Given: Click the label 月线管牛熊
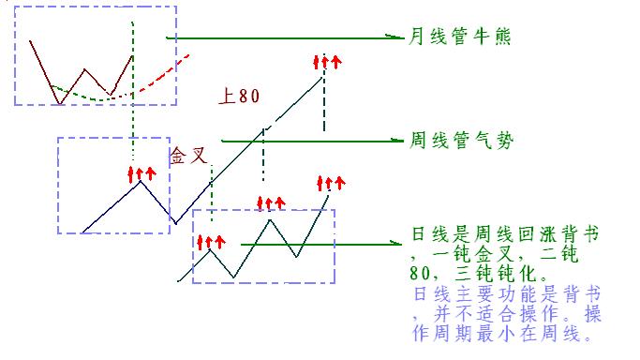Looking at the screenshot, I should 458,37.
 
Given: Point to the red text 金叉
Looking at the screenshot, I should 187,155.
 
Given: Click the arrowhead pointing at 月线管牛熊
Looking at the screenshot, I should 397,37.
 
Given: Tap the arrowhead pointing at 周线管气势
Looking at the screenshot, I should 397,141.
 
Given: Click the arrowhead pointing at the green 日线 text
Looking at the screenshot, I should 397,244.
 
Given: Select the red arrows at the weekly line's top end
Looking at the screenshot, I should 325,63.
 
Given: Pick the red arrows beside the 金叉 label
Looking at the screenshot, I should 141,173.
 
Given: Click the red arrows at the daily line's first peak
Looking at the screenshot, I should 211,241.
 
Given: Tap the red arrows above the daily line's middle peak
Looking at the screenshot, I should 271,202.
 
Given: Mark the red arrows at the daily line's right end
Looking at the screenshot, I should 331,181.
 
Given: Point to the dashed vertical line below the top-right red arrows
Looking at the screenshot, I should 324,103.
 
